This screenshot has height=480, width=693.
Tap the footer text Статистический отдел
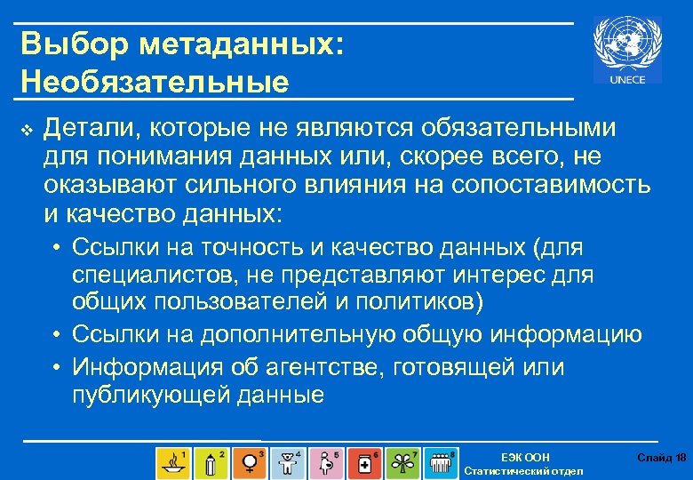point(524,471)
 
